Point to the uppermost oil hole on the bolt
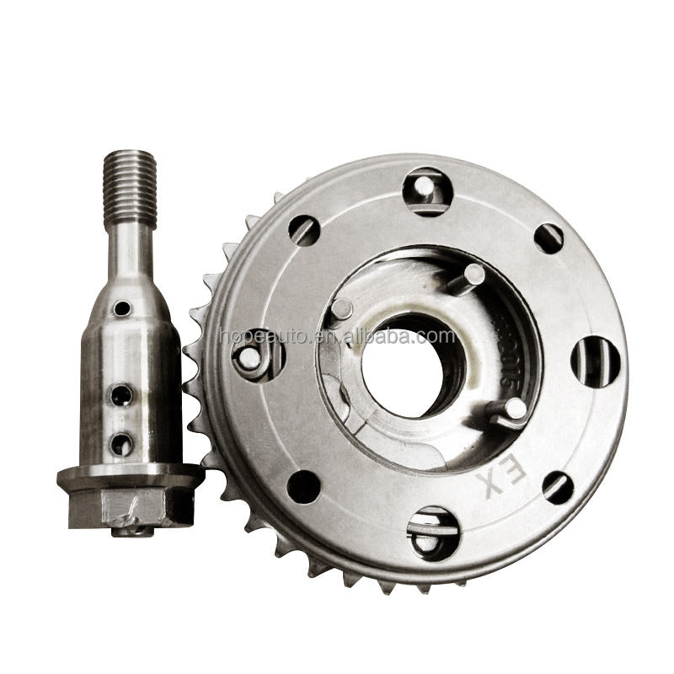pyautogui.click(x=123, y=308)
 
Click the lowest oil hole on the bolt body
pyautogui.click(x=122, y=441)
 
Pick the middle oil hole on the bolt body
pyautogui.click(x=121, y=394)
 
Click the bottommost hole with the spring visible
pyautogui.click(x=432, y=532)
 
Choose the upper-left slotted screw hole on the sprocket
pyautogui.click(x=304, y=230)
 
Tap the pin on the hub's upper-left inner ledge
pyautogui.click(x=340, y=308)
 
